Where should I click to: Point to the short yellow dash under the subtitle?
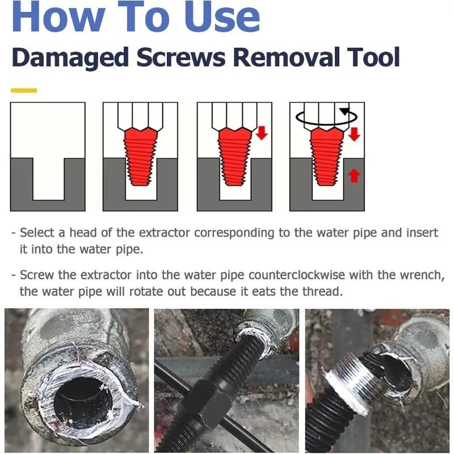click(24, 90)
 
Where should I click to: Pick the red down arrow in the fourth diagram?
click(354, 134)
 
